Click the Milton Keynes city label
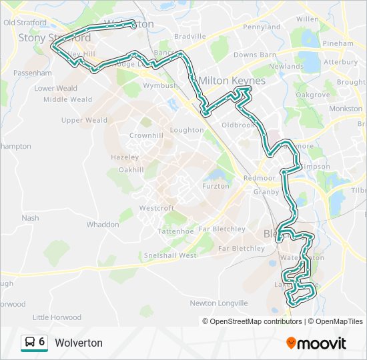231,81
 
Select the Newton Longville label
218,303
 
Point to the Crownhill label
146,135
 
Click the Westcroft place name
156,208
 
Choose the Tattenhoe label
175,231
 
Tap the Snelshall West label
170,255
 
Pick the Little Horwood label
57,317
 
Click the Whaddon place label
102,225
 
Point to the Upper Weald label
84,121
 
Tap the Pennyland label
262,27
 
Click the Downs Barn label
255,55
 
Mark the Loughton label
187,130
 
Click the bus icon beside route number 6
30,343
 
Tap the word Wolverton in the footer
79,343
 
